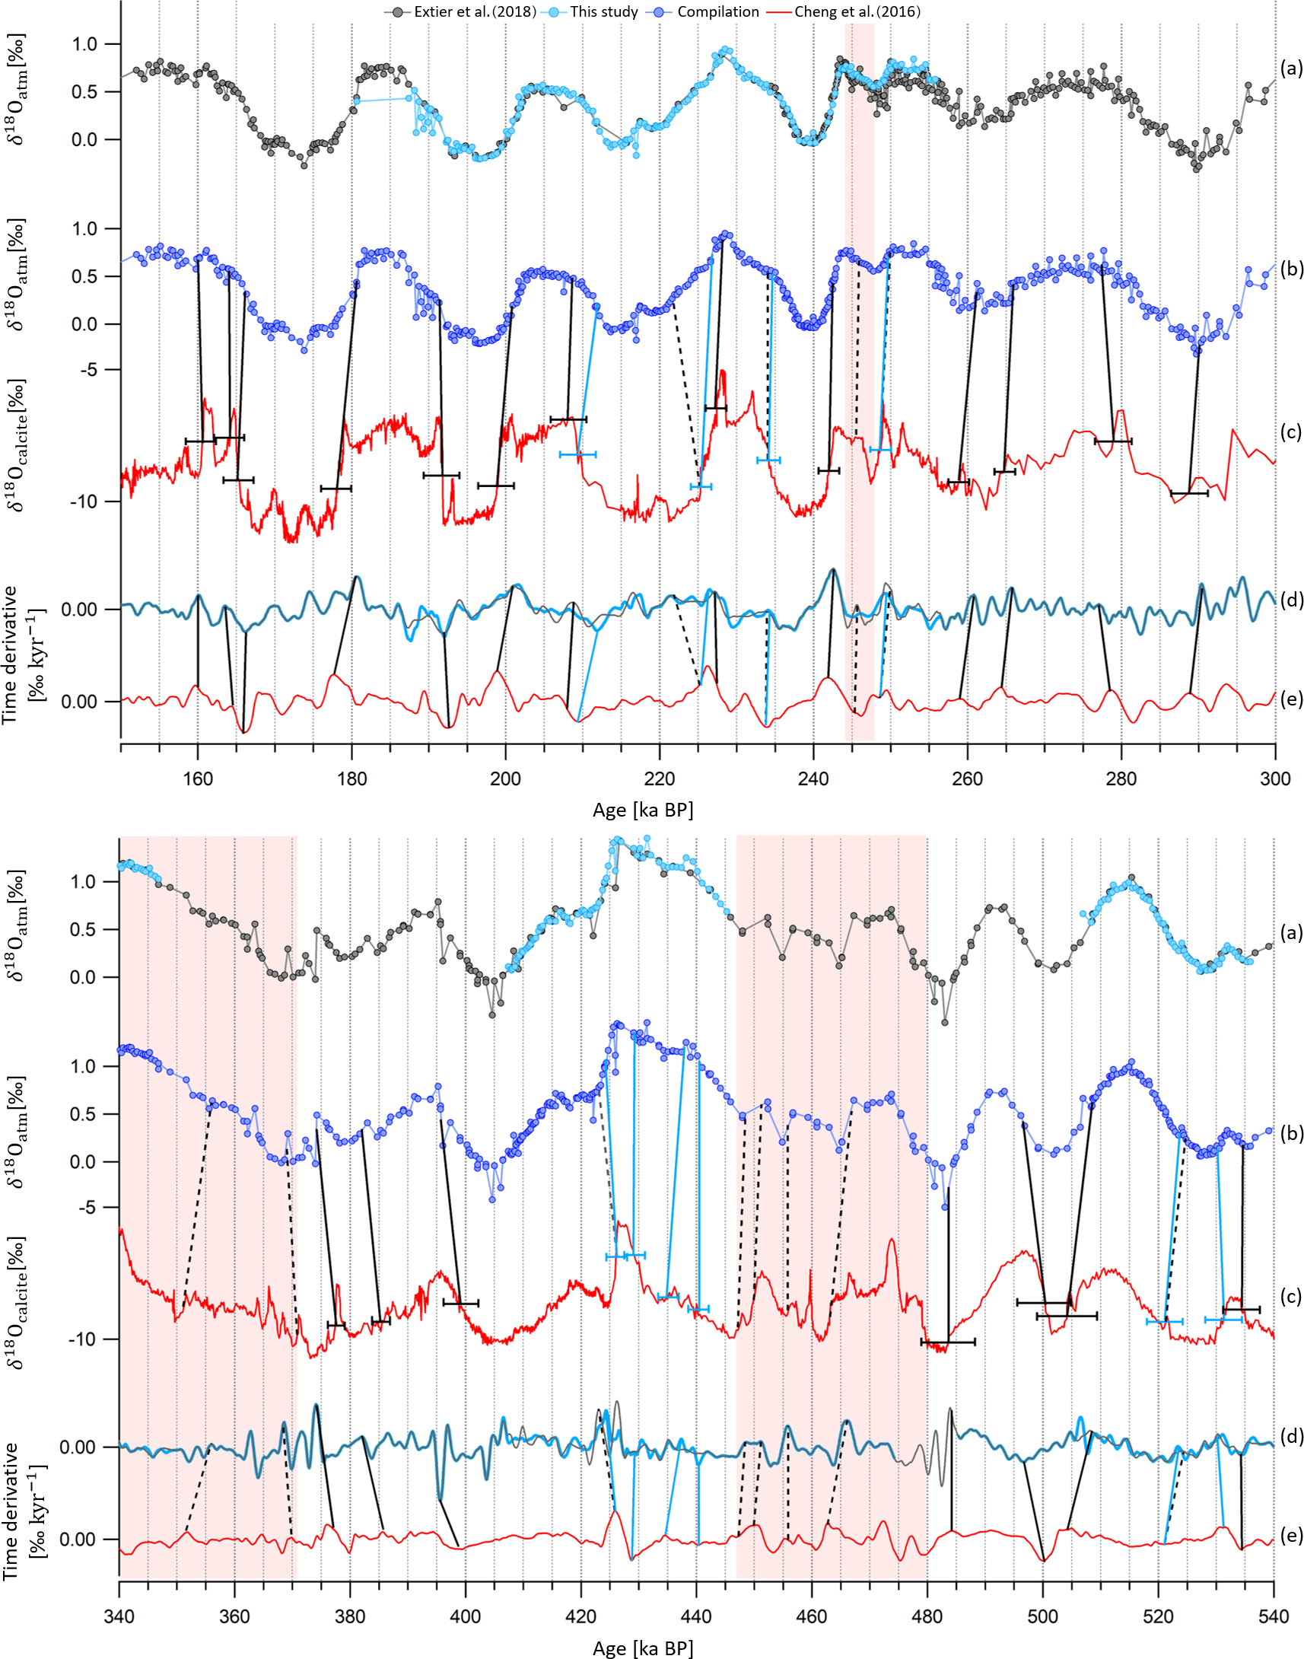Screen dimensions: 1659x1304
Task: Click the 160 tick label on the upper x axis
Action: [198, 779]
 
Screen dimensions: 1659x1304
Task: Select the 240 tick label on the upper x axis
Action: [813, 779]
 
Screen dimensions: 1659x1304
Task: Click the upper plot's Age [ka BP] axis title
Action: [643, 810]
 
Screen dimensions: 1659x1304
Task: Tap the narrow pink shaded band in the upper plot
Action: [859, 382]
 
